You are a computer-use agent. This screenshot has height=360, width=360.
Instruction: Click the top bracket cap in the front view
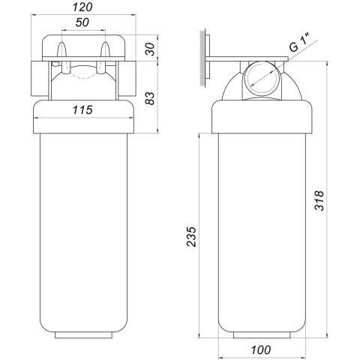pos(83,46)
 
